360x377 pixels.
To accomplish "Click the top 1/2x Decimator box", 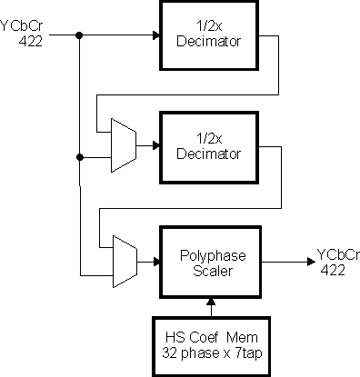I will pyautogui.click(x=208, y=35).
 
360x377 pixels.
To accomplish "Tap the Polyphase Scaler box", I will pyautogui.click(x=209, y=261).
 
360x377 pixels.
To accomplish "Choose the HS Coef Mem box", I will pyautogui.click(x=209, y=341).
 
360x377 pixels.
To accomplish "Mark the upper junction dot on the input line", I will pyautogui.click(x=80, y=36).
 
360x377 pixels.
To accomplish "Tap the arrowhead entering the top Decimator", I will pyautogui.click(x=155, y=36).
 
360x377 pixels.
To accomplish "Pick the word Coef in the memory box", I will pyautogui.click(x=209, y=332).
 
